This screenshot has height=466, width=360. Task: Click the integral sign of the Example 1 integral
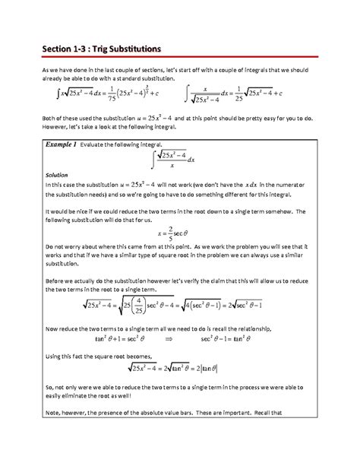tap(154, 160)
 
